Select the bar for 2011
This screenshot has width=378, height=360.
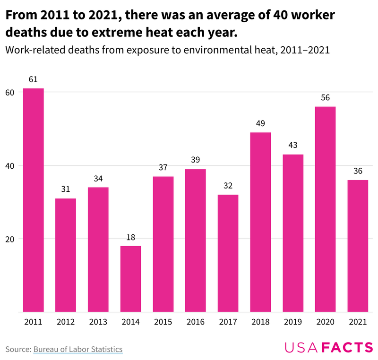coord(34,200)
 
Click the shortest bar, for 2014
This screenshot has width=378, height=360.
coord(130,279)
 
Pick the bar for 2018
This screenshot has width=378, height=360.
coord(260,222)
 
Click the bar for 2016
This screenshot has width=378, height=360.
coord(196,240)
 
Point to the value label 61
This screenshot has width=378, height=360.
coord(34,79)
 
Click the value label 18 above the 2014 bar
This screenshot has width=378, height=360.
coord(130,237)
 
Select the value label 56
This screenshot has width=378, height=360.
coord(325,98)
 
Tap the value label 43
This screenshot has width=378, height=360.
coord(293,146)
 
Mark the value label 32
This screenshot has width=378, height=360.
coord(228,186)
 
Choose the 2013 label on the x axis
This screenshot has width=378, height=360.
coord(98,322)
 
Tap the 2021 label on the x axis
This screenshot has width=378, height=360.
coord(358,322)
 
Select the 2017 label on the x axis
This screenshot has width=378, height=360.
coord(228,322)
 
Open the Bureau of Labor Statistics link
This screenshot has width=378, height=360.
coord(78,349)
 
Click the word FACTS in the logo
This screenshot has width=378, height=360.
coord(347,348)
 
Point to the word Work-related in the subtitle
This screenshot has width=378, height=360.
coord(33,50)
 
